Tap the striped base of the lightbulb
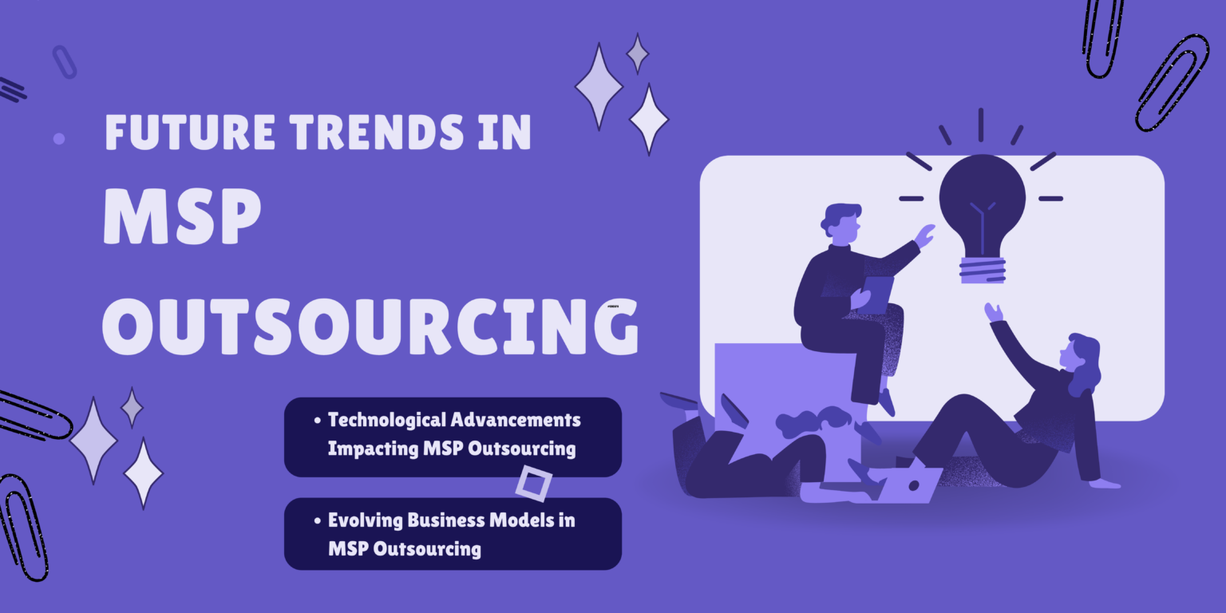pos(982,269)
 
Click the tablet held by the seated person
pos(877,293)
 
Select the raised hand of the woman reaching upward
pos(994,312)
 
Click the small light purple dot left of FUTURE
pos(58,139)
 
